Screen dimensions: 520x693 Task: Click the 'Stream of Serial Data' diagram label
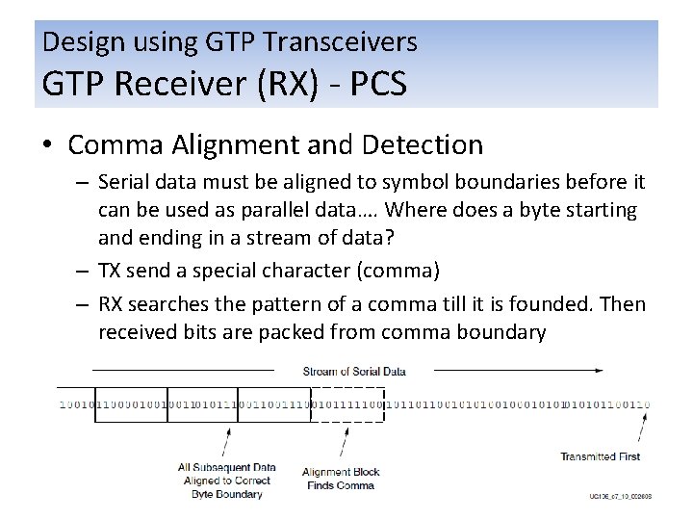point(353,371)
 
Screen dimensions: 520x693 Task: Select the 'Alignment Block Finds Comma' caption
point(341,479)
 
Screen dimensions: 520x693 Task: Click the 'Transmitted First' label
point(600,455)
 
